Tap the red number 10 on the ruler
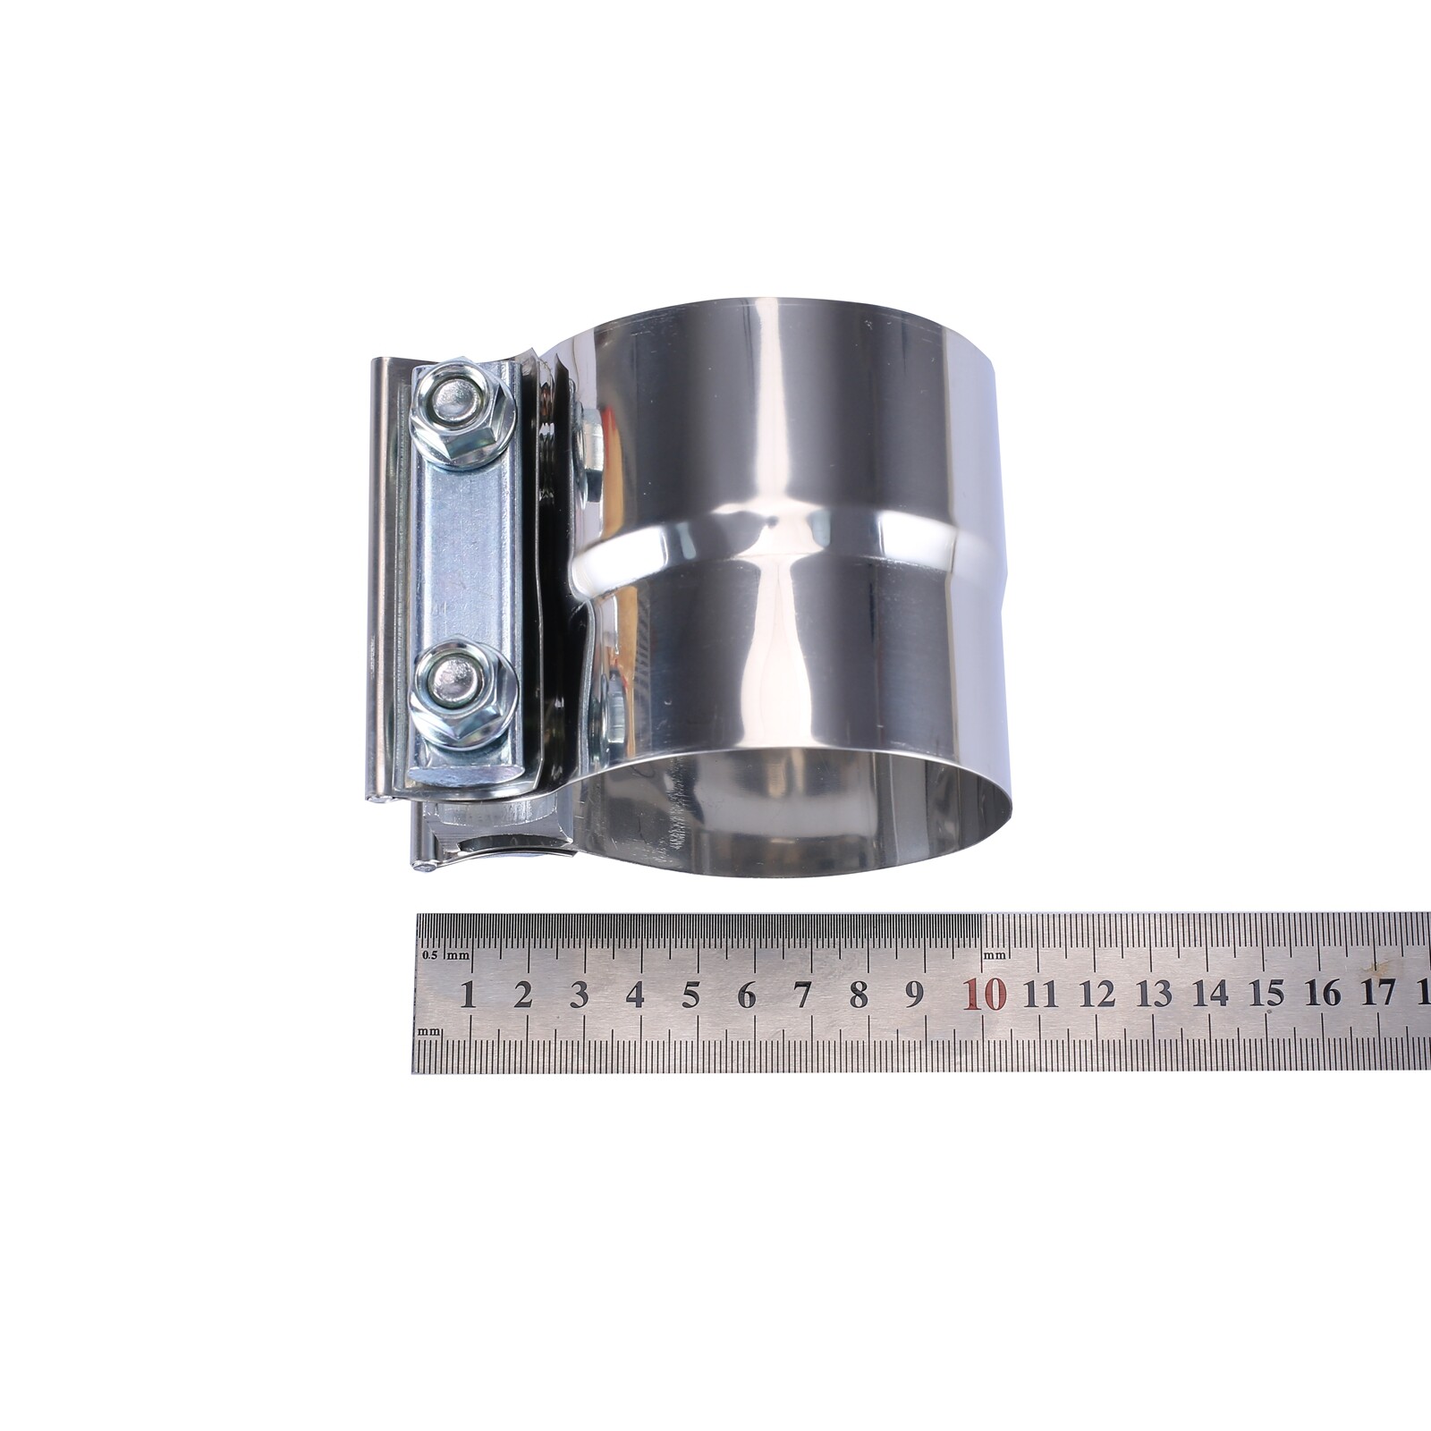(986, 994)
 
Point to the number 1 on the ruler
(467, 995)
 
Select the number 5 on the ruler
(690, 995)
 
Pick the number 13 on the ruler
(1155, 993)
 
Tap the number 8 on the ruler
(859, 995)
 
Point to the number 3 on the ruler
(579, 995)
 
